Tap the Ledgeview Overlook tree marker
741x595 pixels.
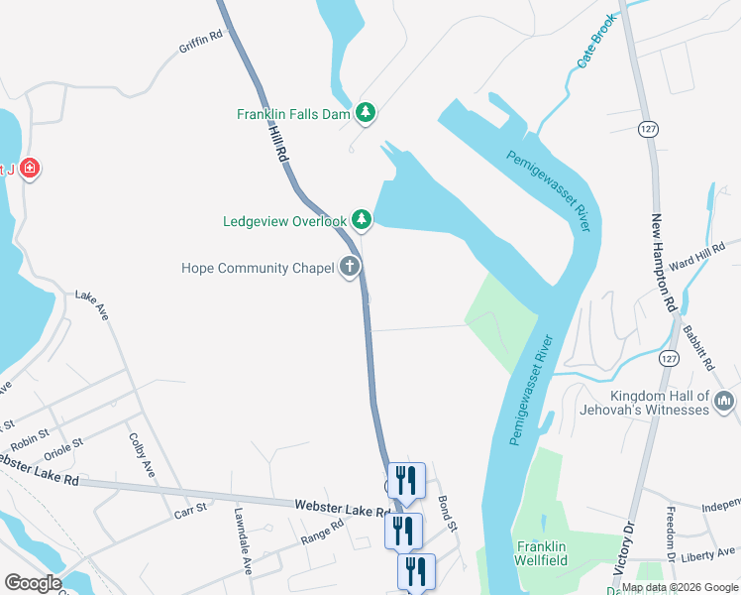(362, 220)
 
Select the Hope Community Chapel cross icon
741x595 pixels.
(349, 267)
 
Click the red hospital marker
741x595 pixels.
(31, 169)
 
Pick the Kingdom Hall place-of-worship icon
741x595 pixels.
(724, 401)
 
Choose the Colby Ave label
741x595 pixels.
(142, 455)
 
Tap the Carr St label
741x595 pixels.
(189, 508)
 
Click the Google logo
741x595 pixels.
(32, 583)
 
